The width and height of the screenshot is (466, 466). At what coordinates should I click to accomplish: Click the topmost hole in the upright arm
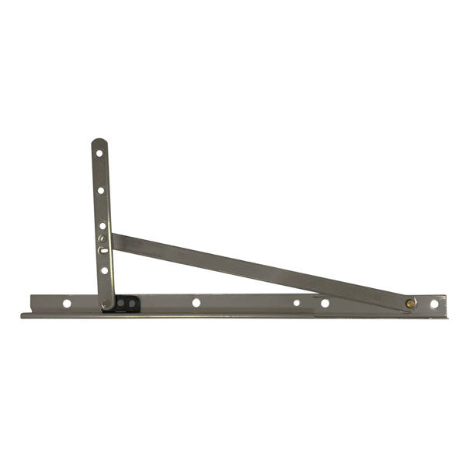coord(99,153)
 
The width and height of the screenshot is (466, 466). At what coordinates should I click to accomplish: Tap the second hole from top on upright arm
coord(100,190)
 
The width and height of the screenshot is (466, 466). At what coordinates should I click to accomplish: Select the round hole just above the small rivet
coord(102,226)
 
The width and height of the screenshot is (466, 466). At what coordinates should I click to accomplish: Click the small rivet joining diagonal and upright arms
coord(102,238)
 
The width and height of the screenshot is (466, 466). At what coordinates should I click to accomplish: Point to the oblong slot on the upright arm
coord(103,250)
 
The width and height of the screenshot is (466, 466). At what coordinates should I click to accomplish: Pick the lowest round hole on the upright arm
coord(104,271)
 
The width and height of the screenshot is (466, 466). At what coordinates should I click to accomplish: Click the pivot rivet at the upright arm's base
coord(107,303)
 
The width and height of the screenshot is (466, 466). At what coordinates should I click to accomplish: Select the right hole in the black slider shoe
coord(132,302)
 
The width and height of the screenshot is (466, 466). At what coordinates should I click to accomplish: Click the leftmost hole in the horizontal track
coord(67,303)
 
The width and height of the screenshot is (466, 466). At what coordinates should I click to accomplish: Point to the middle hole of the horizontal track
coord(196,302)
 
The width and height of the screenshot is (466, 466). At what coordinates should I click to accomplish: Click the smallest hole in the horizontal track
coord(296,303)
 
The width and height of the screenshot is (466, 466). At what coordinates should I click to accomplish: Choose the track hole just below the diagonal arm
coord(325,303)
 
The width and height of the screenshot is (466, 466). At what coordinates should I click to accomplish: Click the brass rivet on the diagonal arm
coord(410,303)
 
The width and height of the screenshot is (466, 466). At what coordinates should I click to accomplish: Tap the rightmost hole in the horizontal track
coord(434,304)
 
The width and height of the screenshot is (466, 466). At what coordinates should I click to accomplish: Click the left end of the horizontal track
coord(23,313)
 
